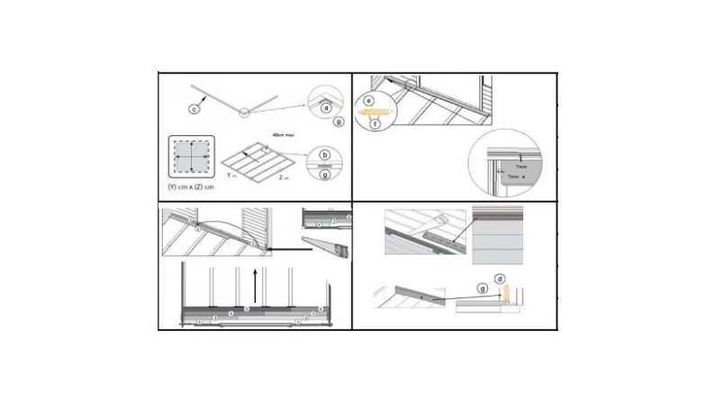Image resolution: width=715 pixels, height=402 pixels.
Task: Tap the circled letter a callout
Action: click(x=327, y=107)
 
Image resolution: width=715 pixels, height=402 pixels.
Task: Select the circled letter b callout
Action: click(x=326, y=154)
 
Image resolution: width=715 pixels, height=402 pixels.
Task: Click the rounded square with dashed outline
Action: click(x=192, y=157)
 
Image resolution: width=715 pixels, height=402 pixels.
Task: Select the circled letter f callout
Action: click(x=377, y=123)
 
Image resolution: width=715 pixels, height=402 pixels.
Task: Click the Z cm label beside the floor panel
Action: click(x=284, y=178)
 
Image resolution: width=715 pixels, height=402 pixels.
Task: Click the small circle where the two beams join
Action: click(x=243, y=113)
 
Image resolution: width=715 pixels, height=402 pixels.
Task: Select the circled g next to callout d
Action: click(x=483, y=288)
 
